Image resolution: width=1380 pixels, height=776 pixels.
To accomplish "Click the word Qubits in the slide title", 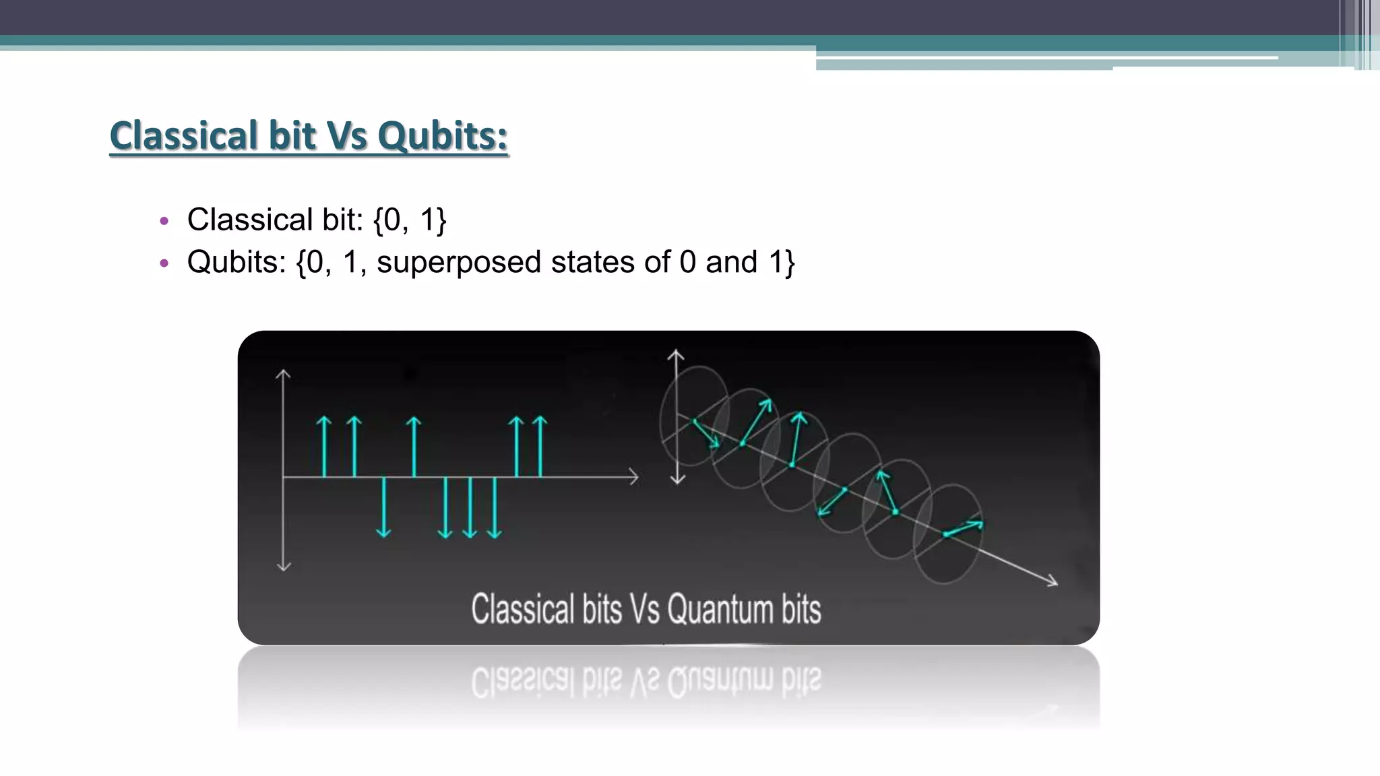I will click(x=442, y=136).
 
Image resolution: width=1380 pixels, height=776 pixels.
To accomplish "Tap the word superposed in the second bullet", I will click(x=458, y=262).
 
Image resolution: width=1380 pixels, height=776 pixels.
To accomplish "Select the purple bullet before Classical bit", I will click(x=164, y=221).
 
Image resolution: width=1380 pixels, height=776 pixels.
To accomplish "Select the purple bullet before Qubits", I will click(x=164, y=263).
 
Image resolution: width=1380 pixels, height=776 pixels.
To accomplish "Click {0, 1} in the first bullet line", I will click(x=410, y=220).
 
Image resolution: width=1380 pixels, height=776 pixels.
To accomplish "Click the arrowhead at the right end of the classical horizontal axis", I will click(x=633, y=477).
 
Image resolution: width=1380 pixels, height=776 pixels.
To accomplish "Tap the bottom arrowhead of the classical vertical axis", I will click(x=284, y=566).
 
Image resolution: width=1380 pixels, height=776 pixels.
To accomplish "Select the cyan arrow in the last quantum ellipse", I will click(x=964, y=528).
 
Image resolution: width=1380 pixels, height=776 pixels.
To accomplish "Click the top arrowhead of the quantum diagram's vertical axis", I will click(x=676, y=354).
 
